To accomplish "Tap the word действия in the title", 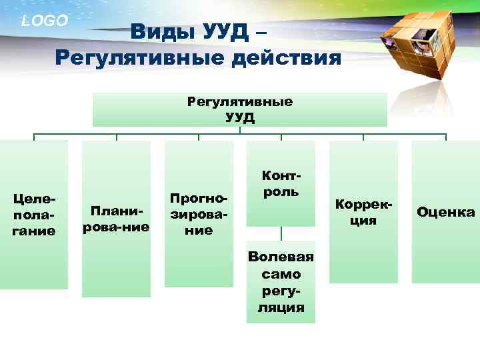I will [285, 57].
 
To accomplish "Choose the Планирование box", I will [116, 219].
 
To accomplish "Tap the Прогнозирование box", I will [199, 214].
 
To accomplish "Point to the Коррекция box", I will [363, 211].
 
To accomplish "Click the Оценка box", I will [445, 212].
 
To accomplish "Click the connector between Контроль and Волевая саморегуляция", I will [281, 233].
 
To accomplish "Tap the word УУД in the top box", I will [239, 117].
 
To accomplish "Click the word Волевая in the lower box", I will [281, 257].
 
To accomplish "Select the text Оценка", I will [445, 213].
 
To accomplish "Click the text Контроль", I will [281, 184].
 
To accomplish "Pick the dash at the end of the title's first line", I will [262, 32].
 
